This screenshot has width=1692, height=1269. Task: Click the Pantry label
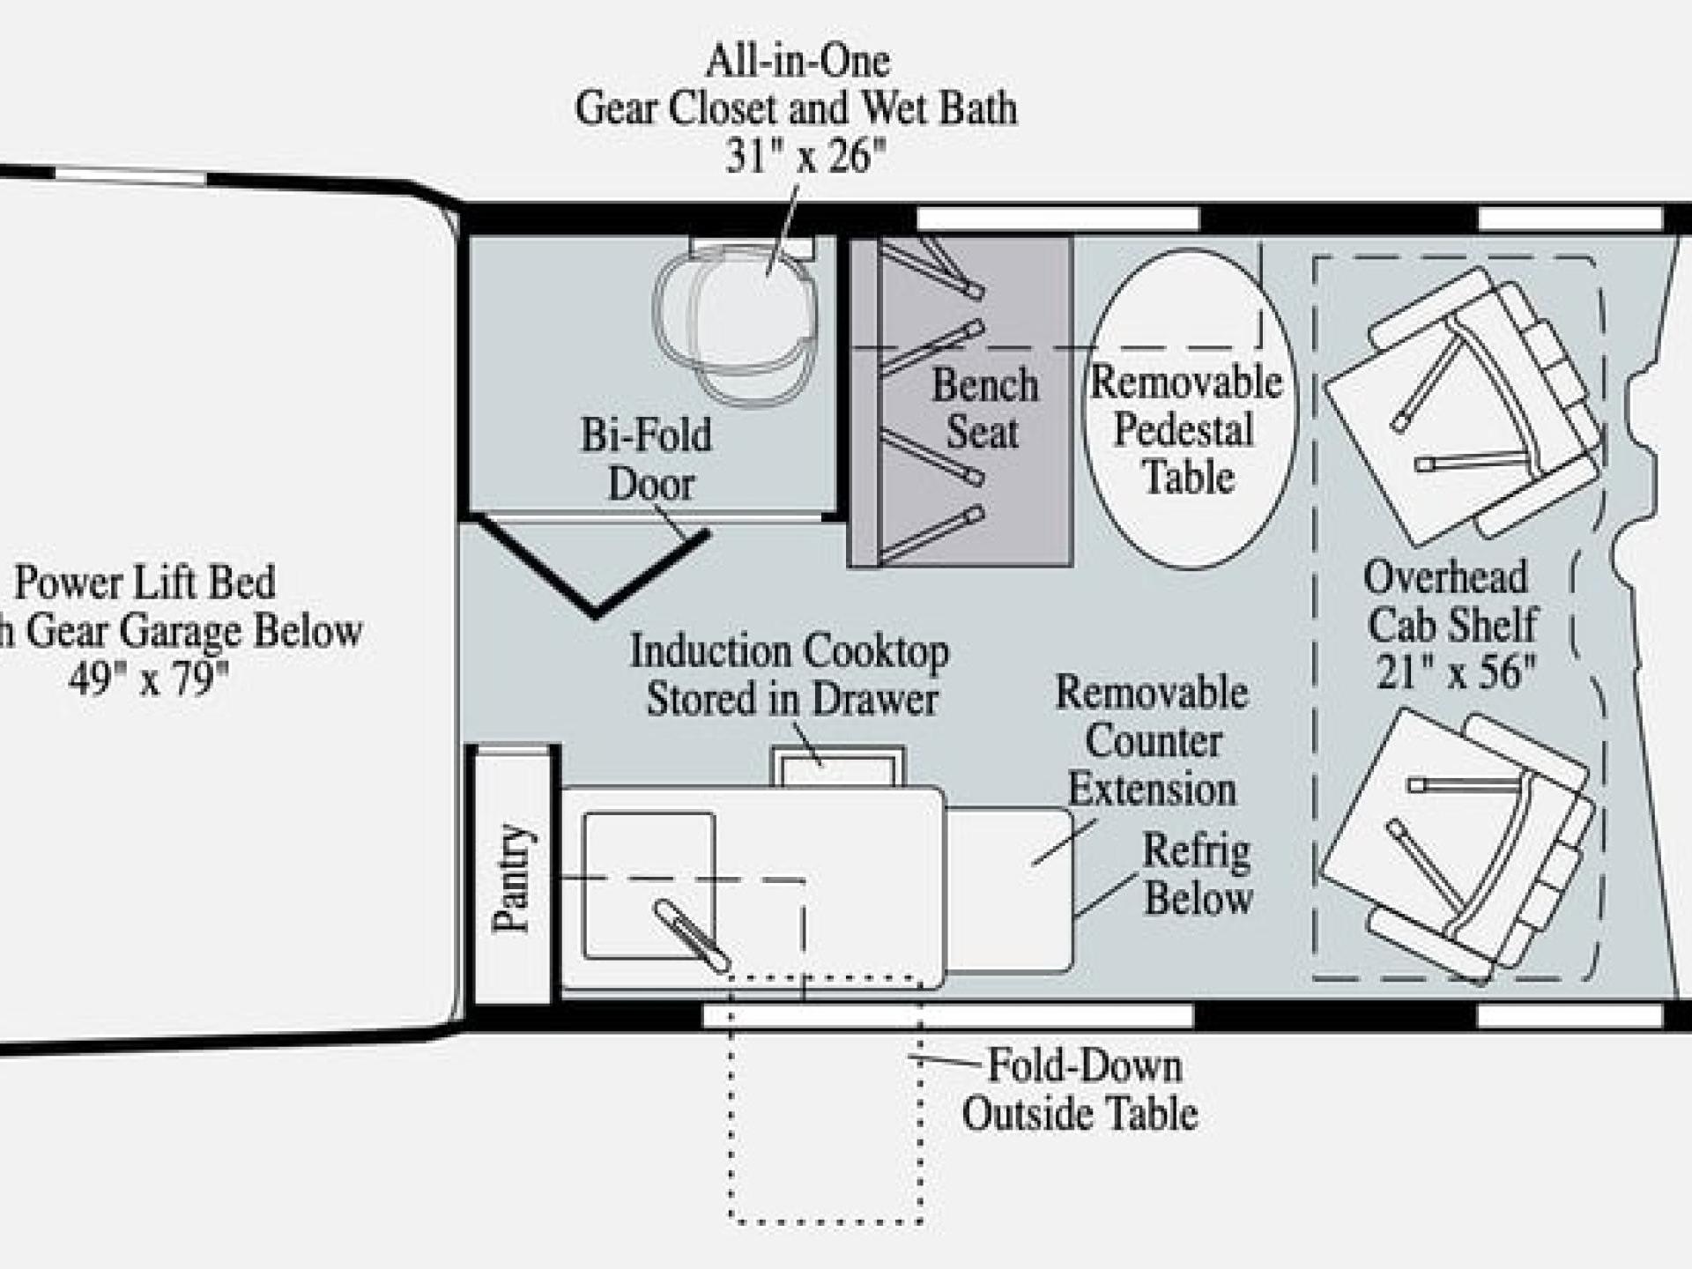coord(512,877)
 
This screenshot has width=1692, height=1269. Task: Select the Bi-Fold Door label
coord(647,459)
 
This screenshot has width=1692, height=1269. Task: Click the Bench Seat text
coord(984,408)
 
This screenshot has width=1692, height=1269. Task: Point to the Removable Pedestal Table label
coord(1186,429)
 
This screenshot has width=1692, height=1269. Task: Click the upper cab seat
coord(1463,405)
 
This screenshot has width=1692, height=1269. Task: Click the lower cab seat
coord(1458,846)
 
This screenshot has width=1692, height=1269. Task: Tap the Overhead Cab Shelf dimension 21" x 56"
coord(1456,673)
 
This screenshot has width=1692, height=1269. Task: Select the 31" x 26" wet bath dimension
coord(805,157)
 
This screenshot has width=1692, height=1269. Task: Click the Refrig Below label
coord(1197,874)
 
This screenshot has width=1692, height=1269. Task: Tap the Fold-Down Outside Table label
coord(1081,1089)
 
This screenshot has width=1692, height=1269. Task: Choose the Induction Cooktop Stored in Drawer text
coord(790,675)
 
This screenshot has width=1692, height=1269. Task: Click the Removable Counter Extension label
coord(1153,740)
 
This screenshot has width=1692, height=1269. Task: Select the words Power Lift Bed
coord(145,583)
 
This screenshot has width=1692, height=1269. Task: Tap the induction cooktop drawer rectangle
coord(838,767)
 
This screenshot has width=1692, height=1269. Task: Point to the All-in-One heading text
coord(798,62)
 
